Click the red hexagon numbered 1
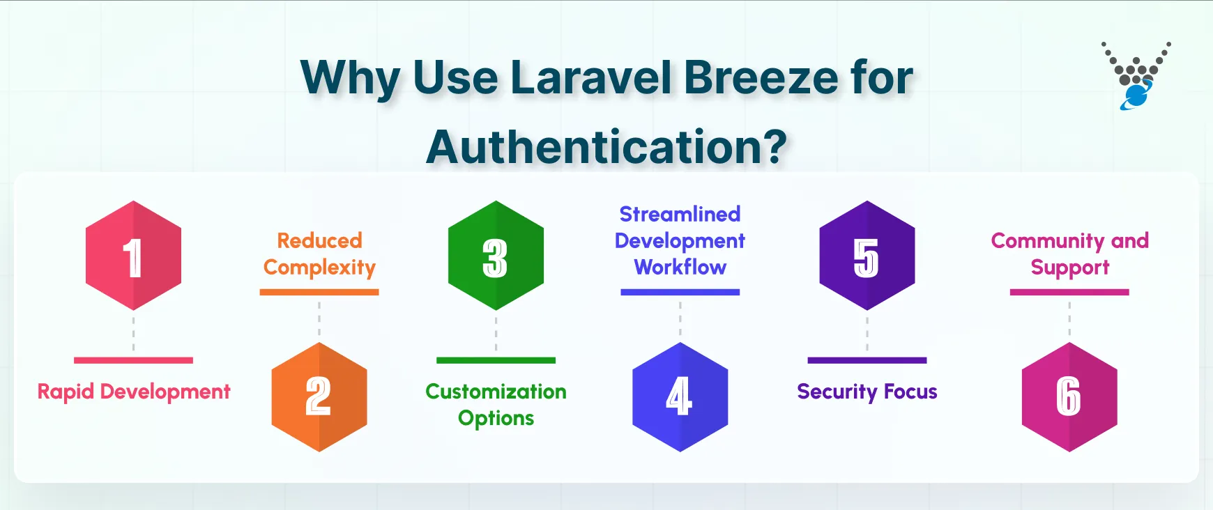(x=133, y=256)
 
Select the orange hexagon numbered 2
(x=319, y=396)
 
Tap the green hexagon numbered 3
(x=496, y=256)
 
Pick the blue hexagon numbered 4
(x=680, y=396)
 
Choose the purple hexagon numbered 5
(x=867, y=256)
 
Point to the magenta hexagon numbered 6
(x=1069, y=396)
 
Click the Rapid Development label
(x=133, y=392)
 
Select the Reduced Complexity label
(x=319, y=254)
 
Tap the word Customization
(x=496, y=392)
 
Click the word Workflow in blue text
(x=680, y=267)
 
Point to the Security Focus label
(x=867, y=392)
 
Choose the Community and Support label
(x=1069, y=254)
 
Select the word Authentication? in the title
(x=606, y=147)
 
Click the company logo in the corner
(x=1136, y=75)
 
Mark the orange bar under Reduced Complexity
(x=319, y=292)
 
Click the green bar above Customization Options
(x=496, y=360)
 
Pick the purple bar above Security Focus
(x=867, y=360)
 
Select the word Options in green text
(x=496, y=418)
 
